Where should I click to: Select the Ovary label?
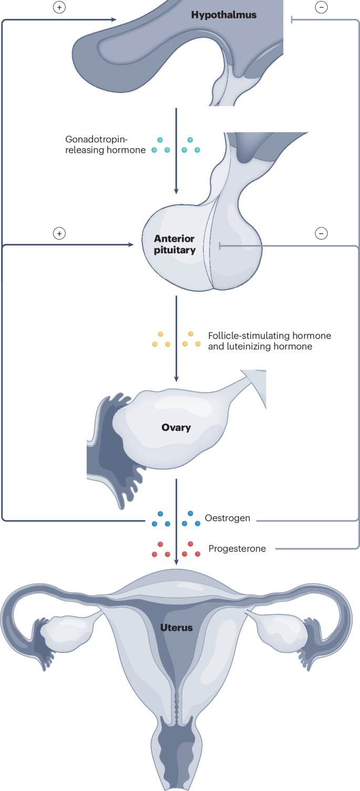point(176,427)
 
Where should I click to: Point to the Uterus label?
point(177,627)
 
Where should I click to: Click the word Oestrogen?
point(227,519)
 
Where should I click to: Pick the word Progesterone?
point(237,549)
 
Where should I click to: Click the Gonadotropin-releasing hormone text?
point(105,145)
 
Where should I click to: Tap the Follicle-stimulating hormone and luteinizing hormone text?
point(270,341)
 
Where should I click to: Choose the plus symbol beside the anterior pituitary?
point(59,233)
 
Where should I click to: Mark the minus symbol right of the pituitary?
point(321,233)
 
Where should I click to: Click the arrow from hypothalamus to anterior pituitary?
point(176,152)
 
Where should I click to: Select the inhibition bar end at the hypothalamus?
point(292,20)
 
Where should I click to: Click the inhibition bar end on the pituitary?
point(220,245)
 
